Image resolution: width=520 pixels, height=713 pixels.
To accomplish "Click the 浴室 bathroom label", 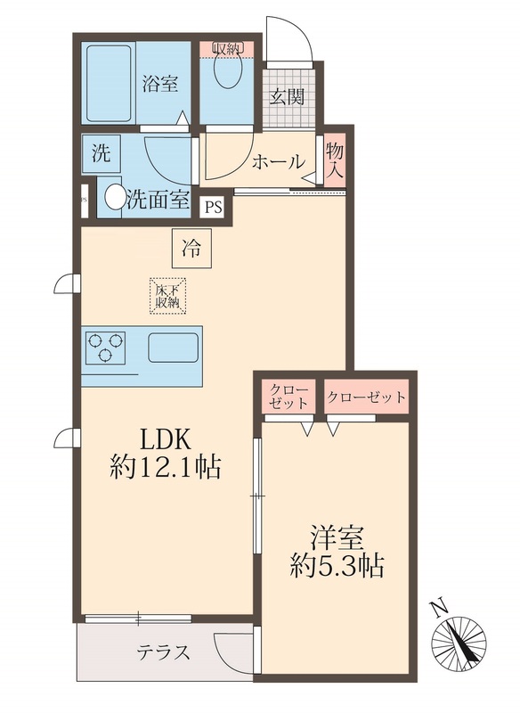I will coord(160,85).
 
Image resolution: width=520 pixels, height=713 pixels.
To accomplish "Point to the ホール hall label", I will coord(279,162).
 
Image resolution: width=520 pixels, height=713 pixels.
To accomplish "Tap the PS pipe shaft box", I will coord(213,208).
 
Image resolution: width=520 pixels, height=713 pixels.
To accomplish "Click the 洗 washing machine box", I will coord(101,153).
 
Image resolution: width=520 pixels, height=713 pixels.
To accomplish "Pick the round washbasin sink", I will coord(113,196).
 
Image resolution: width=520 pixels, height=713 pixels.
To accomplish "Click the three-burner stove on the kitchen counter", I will coord(105,347).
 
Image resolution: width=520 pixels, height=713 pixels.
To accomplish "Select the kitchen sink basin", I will coord(174,347).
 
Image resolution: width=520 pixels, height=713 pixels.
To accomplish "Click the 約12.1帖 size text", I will coord(166,465).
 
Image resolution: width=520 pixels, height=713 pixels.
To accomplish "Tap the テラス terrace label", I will coord(163,652).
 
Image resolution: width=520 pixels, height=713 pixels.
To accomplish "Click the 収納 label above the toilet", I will coord(226,47).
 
